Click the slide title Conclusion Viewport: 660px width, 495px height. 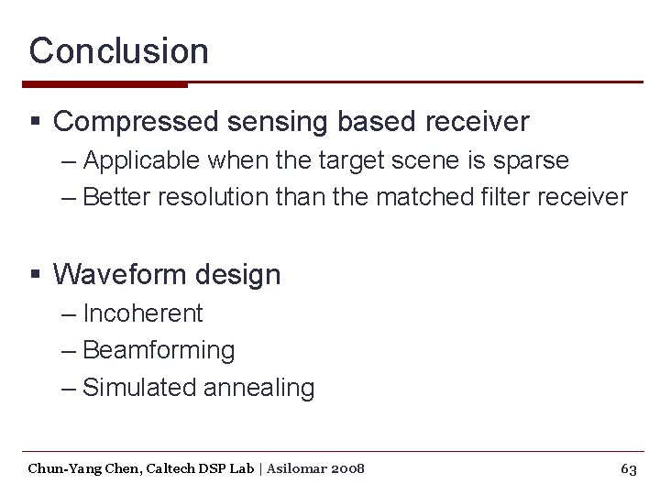118,50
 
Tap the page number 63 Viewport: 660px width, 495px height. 629,469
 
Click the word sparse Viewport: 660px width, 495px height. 532,160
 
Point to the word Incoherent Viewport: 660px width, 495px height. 143,313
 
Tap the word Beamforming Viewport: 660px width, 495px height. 159,350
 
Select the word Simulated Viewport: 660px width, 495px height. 139,388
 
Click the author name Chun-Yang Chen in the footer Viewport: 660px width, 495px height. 78,469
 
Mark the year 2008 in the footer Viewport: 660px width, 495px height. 346,469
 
